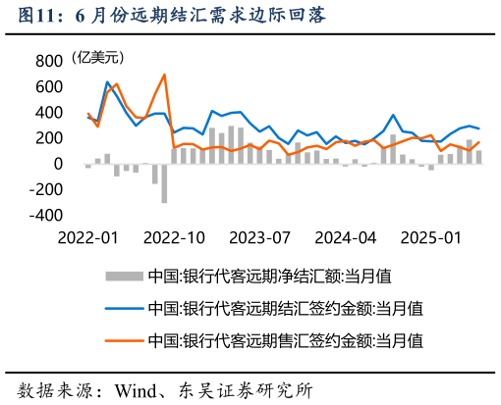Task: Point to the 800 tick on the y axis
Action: (x=49, y=61)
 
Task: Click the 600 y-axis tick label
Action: (x=49, y=86)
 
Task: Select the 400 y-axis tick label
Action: (x=49, y=112)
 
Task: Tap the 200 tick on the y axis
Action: (x=49, y=137)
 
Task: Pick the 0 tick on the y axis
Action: (x=57, y=163)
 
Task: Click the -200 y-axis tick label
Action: (x=45, y=188)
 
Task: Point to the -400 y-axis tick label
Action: (x=45, y=214)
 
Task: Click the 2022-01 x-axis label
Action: (x=87, y=237)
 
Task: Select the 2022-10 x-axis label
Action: (x=175, y=237)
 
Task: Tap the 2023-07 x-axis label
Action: (x=260, y=237)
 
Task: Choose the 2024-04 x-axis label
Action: (x=346, y=237)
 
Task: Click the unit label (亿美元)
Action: (x=103, y=59)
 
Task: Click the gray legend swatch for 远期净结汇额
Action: (x=122, y=278)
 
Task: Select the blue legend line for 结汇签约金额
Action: (x=122, y=309)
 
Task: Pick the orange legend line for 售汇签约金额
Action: (x=122, y=341)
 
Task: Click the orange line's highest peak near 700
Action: (x=164, y=75)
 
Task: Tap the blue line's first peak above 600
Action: (x=107, y=82)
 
